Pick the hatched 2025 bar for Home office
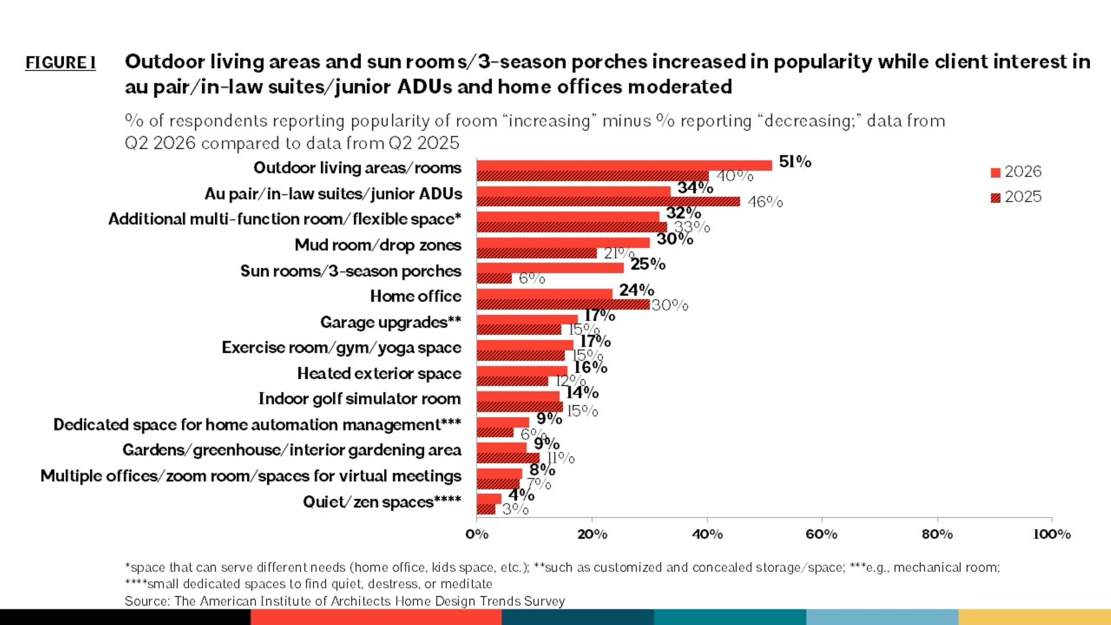click(563, 304)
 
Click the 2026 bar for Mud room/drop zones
click(563, 242)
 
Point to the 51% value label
click(795, 162)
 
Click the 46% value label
click(765, 202)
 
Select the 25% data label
click(648, 264)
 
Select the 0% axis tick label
click(477, 535)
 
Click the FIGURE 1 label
click(61, 63)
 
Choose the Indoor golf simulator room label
click(360, 399)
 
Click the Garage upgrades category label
click(391, 322)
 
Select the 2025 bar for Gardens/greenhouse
click(508, 458)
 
